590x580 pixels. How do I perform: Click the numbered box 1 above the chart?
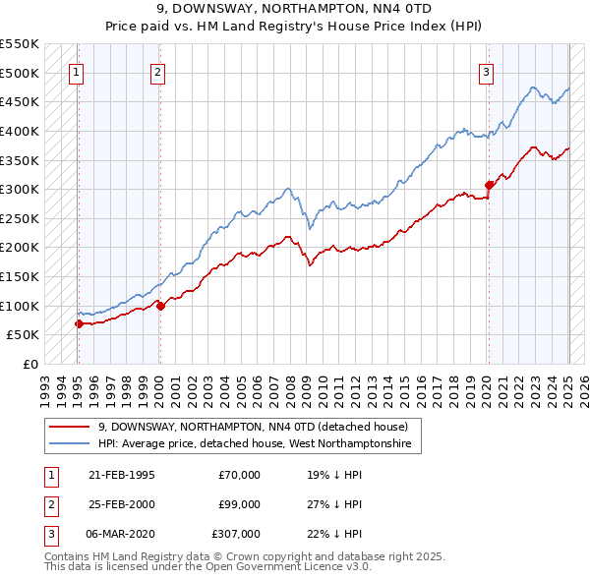click(x=77, y=71)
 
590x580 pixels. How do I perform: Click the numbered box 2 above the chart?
click(x=158, y=71)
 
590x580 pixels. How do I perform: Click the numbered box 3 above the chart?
click(x=487, y=71)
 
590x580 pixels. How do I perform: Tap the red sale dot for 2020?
click(x=489, y=185)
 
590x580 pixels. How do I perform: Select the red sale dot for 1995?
click(x=78, y=322)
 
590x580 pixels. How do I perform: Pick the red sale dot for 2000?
click(x=159, y=306)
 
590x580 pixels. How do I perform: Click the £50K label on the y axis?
click(x=24, y=334)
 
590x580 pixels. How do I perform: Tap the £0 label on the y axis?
click(x=29, y=364)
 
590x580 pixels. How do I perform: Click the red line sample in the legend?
click(x=68, y=427)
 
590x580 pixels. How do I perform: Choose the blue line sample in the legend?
click(x=68, y=443)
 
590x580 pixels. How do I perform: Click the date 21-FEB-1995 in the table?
click(x=121, y=475)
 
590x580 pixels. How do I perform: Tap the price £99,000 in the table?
click(x=239, y=504)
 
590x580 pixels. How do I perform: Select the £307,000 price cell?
click(x=236, y=534)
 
